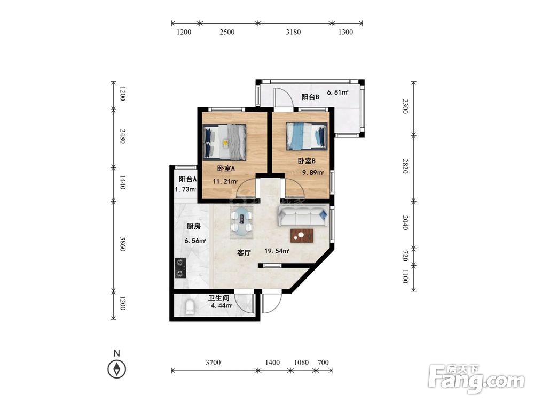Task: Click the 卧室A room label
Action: click(226, 168)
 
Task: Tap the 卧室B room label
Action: click(307, 161)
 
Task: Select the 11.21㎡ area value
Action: click(225, 181)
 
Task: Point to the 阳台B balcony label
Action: click(310, 97)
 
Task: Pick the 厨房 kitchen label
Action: click(193, 226)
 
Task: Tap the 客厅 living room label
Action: click(244, 253)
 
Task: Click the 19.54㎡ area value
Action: click(277, 251)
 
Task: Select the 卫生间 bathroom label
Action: click(218, 298)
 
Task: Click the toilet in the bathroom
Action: click(190, 307)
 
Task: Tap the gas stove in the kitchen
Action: click(180, 268)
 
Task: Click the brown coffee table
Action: click(302, 236)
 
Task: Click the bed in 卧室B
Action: click(307, 136)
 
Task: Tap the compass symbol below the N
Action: click(117, 369)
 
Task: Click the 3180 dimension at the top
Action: click(293, 32)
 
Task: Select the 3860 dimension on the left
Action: click(123, 244)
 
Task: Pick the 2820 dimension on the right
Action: click(405, 166)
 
